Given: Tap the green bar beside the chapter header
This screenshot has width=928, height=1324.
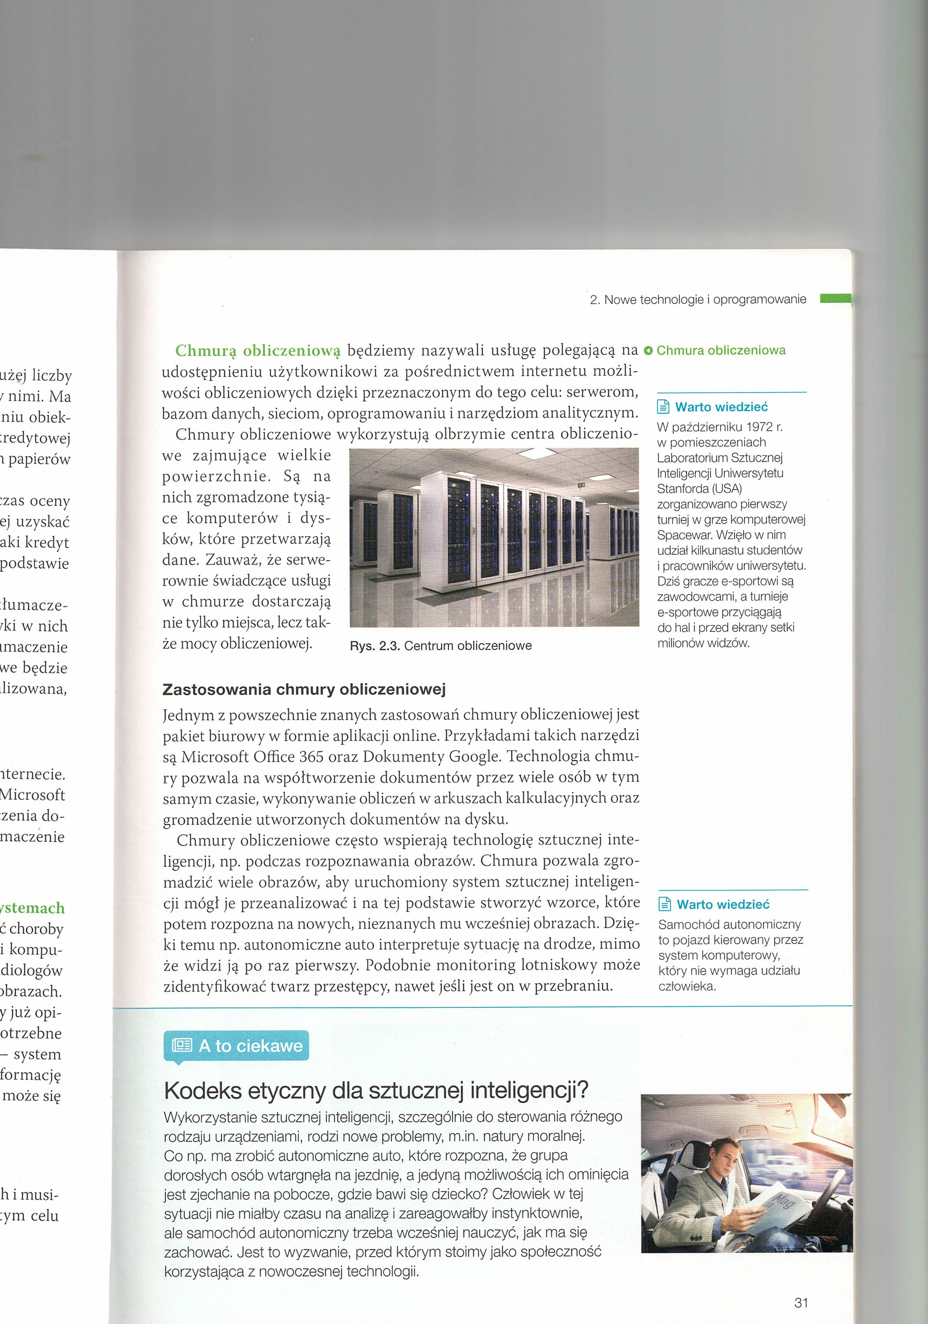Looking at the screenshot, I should (835, 298).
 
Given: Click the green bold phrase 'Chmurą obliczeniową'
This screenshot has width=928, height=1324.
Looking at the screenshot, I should (258, 351).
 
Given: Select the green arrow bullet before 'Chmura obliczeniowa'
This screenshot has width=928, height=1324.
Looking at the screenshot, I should (648, 351).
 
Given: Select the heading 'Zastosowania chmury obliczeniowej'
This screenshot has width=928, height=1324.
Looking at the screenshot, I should (304, 690).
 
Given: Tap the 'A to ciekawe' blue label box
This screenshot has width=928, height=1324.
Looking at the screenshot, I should (237, 1045).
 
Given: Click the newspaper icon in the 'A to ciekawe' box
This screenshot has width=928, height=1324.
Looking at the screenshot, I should (182, 1045).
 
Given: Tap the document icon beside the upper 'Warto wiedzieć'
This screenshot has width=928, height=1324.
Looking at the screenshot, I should (663, 407).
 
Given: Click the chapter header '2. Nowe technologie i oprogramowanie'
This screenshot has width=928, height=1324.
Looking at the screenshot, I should (698, 299).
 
